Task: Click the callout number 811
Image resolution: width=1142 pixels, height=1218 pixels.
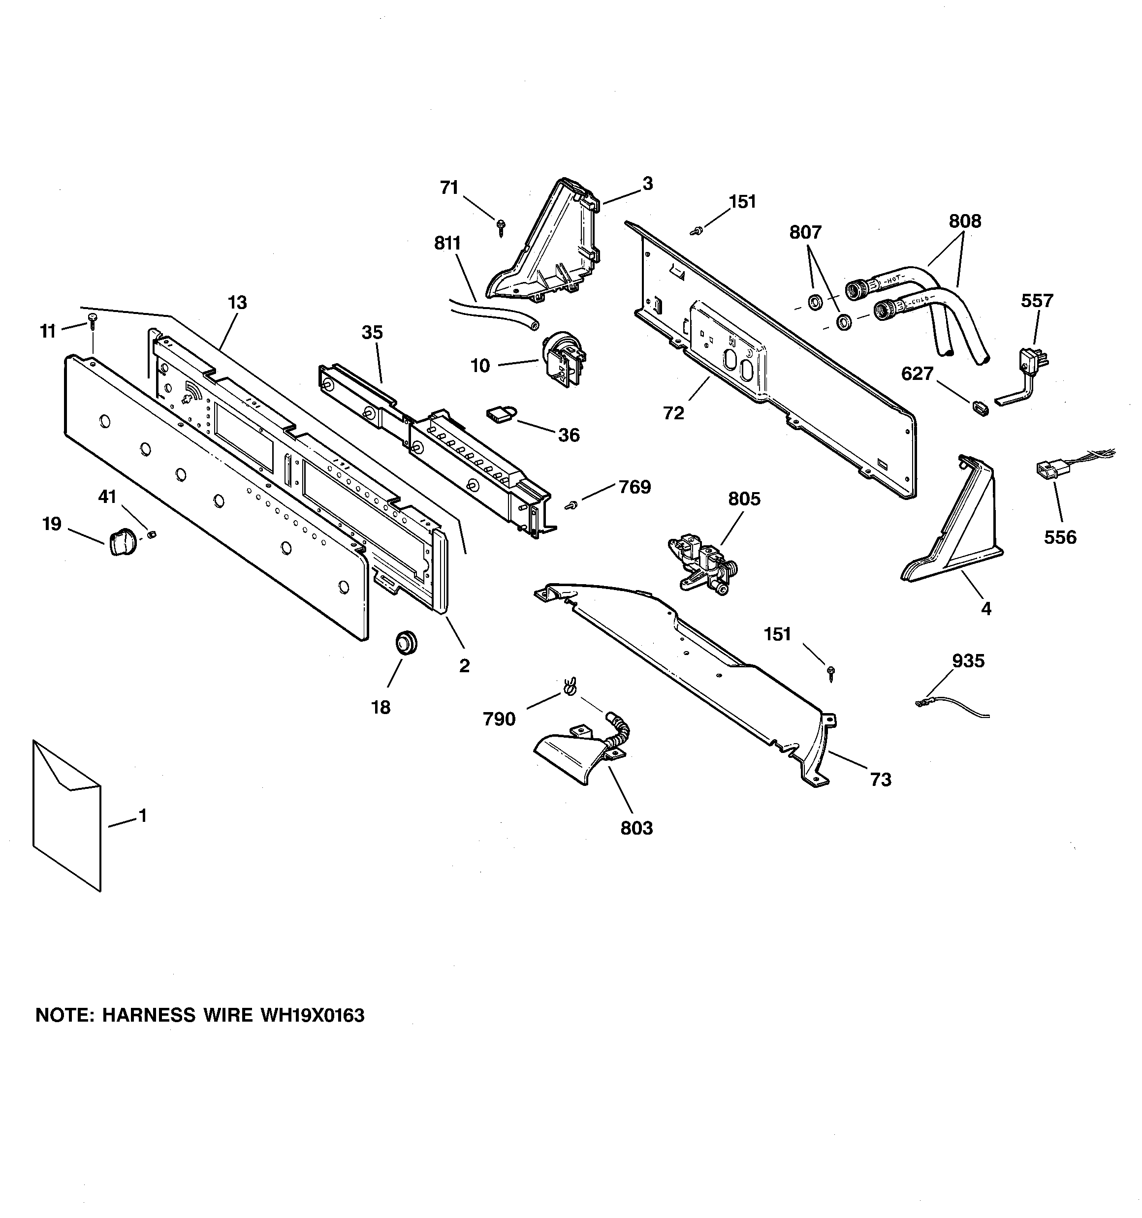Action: tap(447, 243)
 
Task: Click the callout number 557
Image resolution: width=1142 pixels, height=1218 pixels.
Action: tap(1037, 301)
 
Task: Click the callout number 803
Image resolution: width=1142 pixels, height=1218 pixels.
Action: tap(636, 828)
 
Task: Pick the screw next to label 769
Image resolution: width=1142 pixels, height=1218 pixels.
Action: tap(571, 505)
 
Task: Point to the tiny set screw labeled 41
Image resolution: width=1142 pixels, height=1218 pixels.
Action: tap(152, 535)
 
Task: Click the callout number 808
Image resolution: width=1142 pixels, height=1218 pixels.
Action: tap(965, 220)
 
